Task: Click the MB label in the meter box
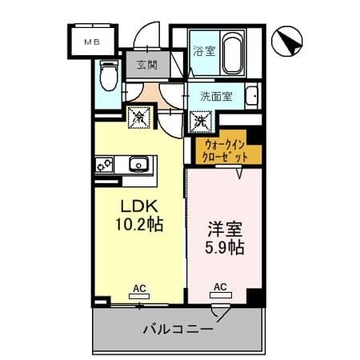(x=92, y=42)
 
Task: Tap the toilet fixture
(x=109, y=75)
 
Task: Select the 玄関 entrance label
(x=147, y=65)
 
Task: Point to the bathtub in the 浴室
(x=233, y=54)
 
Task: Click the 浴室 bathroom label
(x=204, y=51)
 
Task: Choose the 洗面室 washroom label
(x=216, y=96)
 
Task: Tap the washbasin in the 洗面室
(x=252, y=95)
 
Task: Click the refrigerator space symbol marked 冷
(x=139, y=118)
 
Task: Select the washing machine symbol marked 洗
(x=201, y=122)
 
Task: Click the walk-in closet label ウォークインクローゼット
(x=224, y=151)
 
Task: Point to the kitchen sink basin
(x=138, y=164)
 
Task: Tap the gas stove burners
(x=104, y=164)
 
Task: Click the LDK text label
(x=139, y=206)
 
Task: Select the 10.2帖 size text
(x=139, y=224)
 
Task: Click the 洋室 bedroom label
(x=225, y=230)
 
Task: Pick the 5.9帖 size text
(x=225, y=247)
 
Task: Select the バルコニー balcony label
(x=178, y=329)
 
